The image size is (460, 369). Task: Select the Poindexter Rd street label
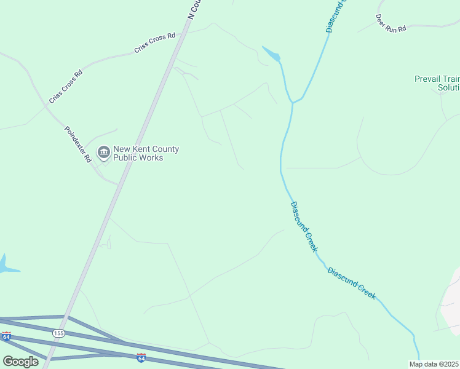pos(78,145)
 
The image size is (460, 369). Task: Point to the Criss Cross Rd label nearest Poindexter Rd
pos(66,87)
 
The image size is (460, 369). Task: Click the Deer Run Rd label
pos(391,23)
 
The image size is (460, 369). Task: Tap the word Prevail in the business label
pos(428,79)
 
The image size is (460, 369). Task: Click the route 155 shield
pos(58,333)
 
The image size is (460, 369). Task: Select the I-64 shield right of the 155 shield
pos(141,357)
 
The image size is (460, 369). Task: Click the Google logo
pos(20,362)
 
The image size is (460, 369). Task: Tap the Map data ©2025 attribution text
pos(434,364)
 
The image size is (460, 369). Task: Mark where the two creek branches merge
pos(293,102)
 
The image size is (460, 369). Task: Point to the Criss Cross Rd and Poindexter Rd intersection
pos(46,106)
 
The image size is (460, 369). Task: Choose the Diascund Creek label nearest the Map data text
pos(352,283)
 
